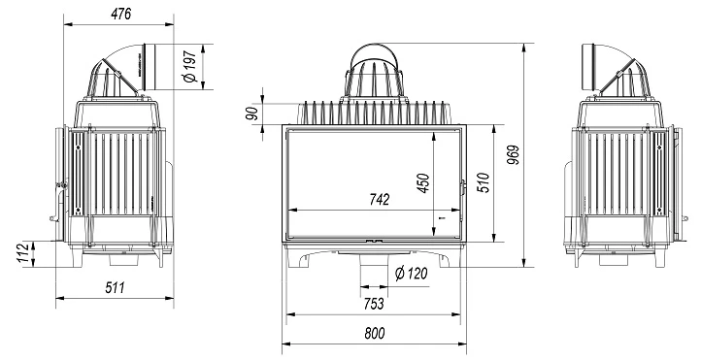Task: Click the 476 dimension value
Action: [121, 14]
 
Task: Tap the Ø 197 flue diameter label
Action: [190, 66]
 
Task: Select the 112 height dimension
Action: [25, 253]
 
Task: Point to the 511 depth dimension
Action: [115, 287]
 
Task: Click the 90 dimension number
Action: [252, 114]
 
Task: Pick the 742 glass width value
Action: [379, 199]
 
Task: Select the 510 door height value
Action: [484, 182]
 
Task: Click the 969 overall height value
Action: [515, 155]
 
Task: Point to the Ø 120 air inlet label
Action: [412, 273]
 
